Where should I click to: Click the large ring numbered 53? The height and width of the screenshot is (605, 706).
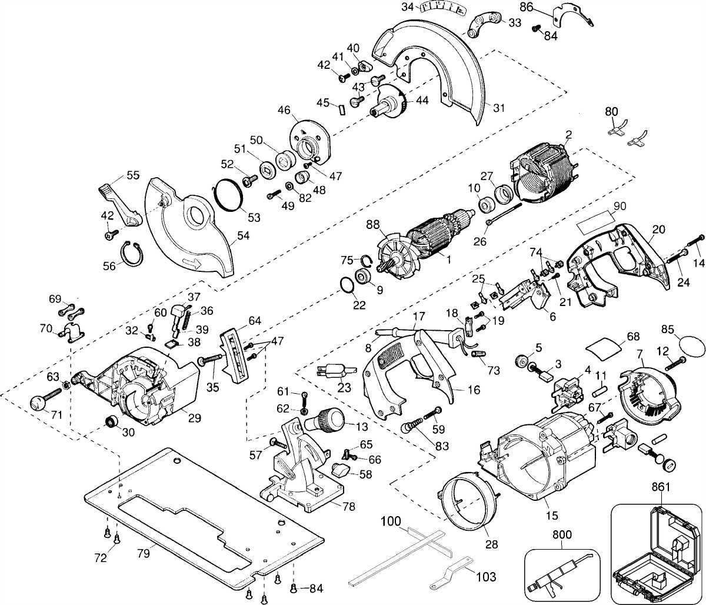227,194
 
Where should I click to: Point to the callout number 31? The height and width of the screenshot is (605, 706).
499,108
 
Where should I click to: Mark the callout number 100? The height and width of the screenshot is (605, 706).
390,521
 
